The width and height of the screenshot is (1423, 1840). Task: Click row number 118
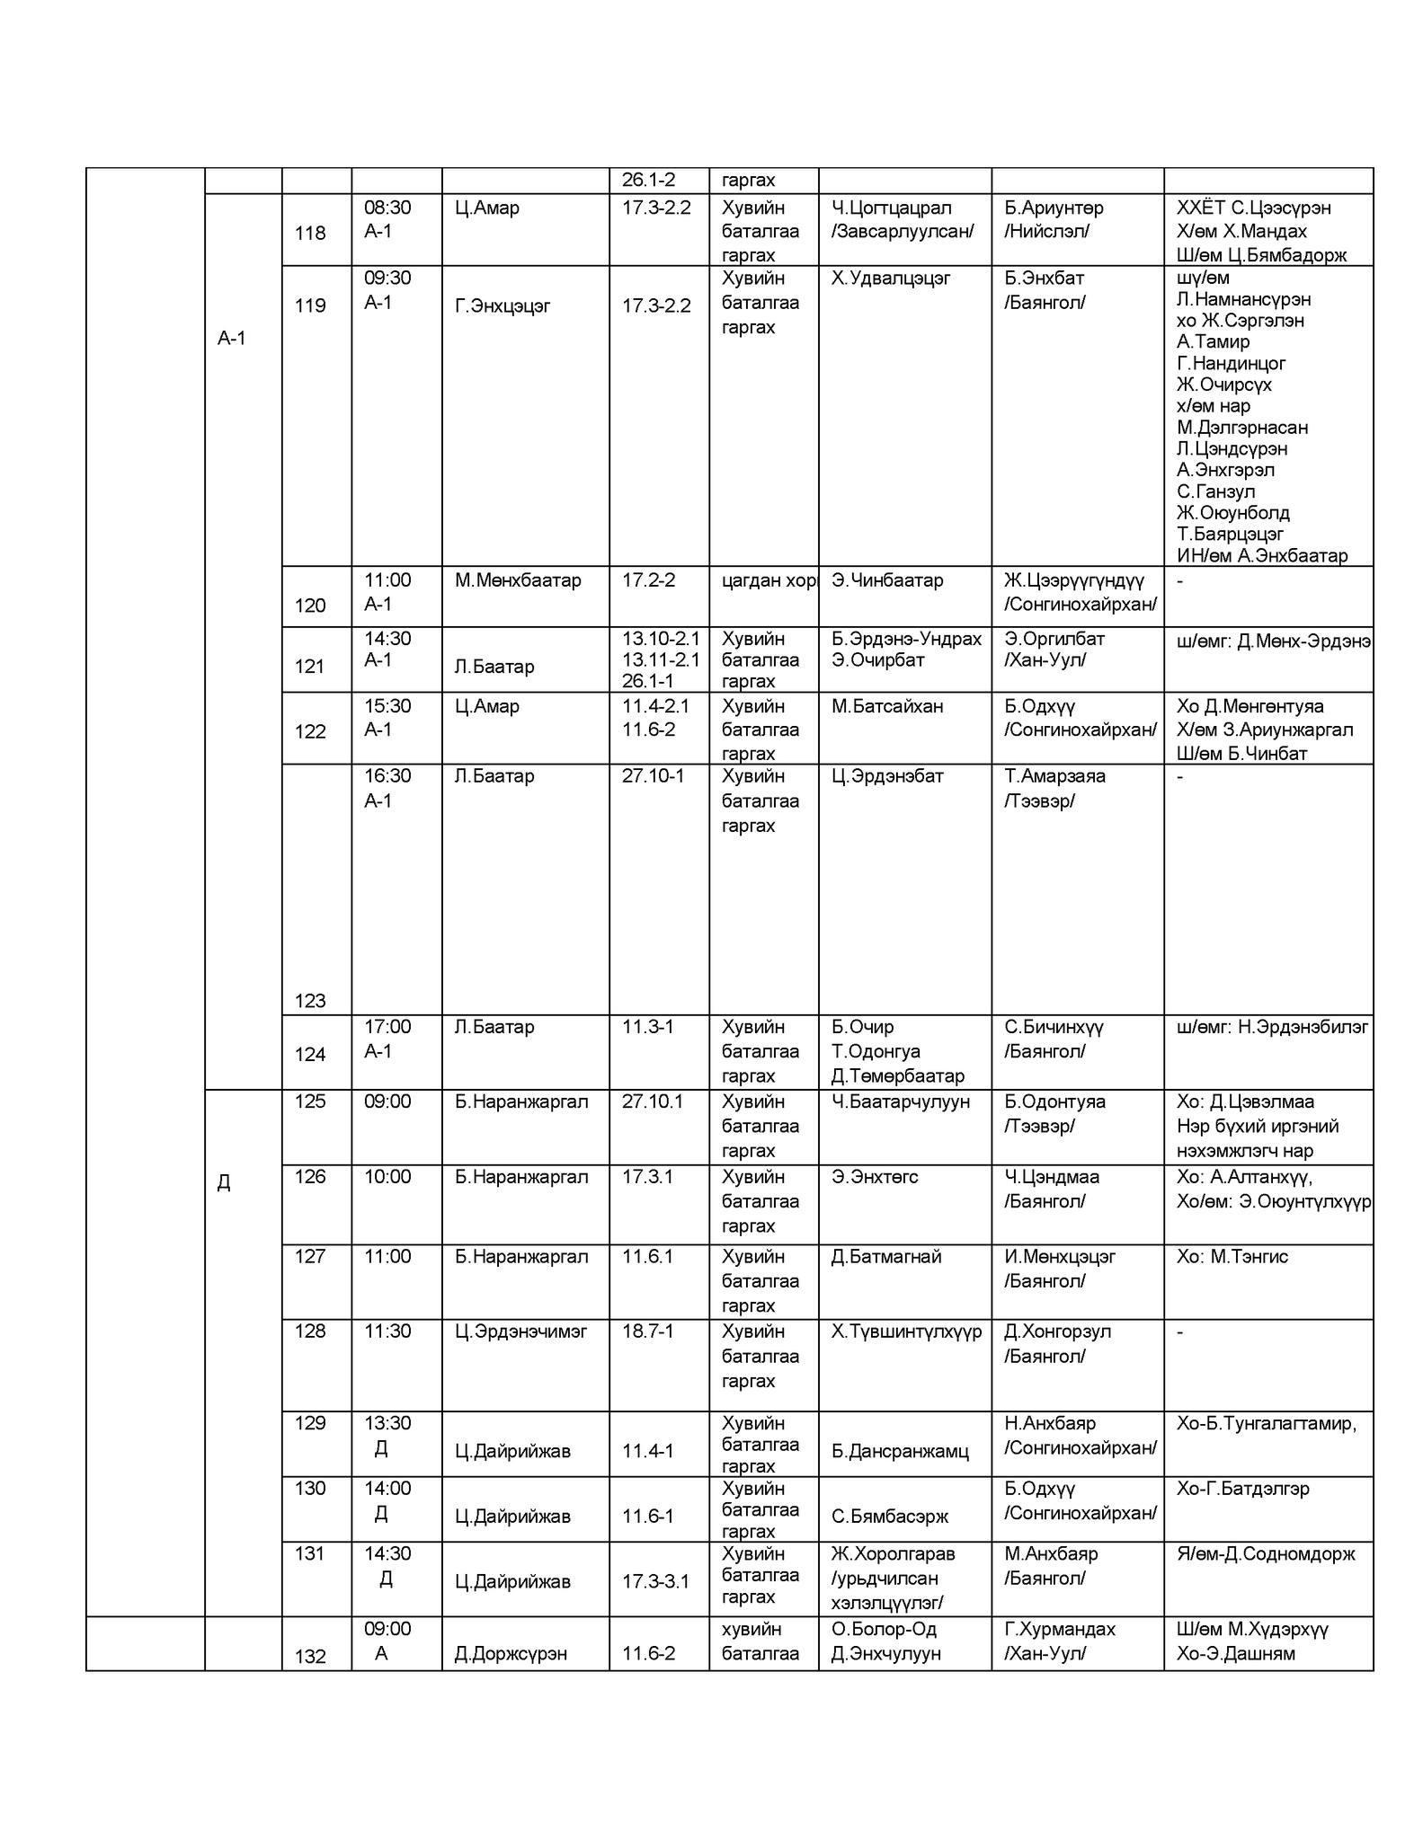click(x=310, y=233)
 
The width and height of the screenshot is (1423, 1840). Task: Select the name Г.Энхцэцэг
click(x=502, y=305)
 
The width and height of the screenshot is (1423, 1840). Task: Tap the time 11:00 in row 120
click(x=387, y=580)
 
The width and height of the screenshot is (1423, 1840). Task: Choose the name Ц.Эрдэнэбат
click(x=887, y=775)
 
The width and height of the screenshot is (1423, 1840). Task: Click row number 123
click(x=310, y=1001)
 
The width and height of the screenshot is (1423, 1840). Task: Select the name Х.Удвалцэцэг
click(x=891, y=278)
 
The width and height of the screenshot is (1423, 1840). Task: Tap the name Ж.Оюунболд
click(x=1233, y=513)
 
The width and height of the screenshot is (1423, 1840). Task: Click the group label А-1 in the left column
click(x=232, y=338)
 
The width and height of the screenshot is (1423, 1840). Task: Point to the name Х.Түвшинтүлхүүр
click(x=906, y=1331)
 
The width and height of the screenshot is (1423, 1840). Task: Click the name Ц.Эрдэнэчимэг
click(x=520, y=1331)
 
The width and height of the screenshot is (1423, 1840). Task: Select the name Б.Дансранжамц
click(x=900, y=1451)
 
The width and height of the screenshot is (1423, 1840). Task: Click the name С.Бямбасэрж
click(x=890, y=1517)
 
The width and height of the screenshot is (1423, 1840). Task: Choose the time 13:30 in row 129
click(x=387, y=1423)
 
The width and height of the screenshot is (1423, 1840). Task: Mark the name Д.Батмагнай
click(x=886, y=1256)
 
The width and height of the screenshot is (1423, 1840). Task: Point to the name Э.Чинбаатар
click(x=887, y=580)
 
